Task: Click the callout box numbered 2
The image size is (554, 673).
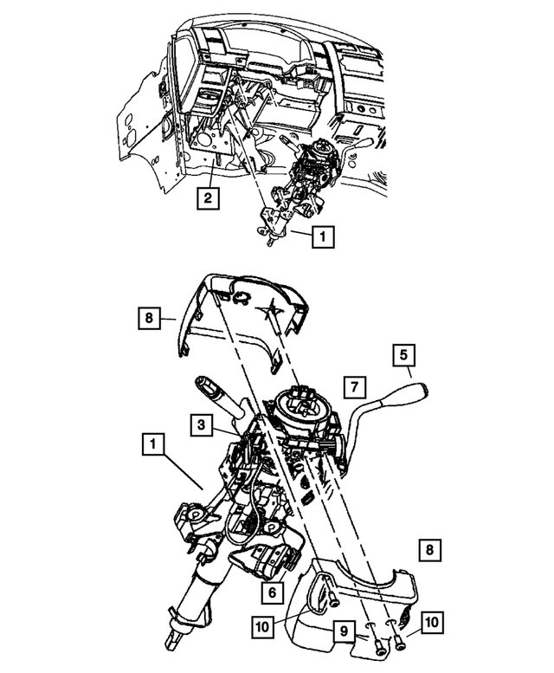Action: pyautogui.click(x=206, y=198)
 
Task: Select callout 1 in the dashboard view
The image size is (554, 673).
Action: pyautogui.click(x=320, y=234)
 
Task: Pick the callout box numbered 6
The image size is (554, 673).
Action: pyautogui.click(x=272, y=593)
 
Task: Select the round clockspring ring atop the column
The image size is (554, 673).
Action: pyautogui.click(x=304, y=407)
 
